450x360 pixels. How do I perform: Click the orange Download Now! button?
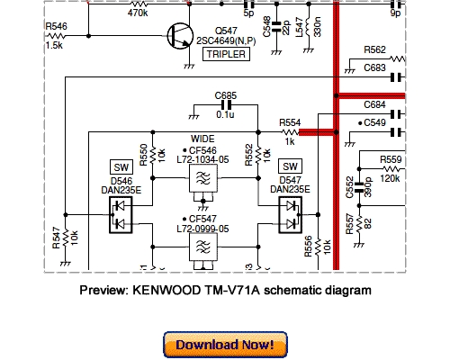point(225,345)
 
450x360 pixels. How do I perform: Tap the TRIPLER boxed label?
point(227,54)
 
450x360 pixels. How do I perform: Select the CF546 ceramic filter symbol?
point(205,182)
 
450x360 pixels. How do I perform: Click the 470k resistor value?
point(138,13)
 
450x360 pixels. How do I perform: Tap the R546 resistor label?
point(55,30)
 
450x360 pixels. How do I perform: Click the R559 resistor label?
point(391,160)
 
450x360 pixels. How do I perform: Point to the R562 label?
point(375,49)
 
